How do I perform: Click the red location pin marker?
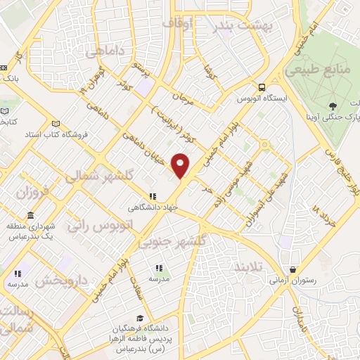[181, 166]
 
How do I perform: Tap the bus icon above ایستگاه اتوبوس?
[262, 88]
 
